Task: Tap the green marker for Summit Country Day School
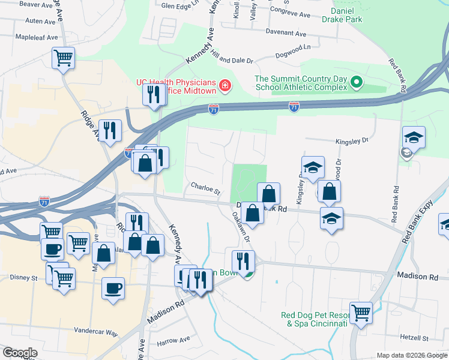(356, 82)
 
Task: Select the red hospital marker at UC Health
(225, 86)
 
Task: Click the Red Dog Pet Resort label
(314, 319)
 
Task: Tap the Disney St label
(23, 278)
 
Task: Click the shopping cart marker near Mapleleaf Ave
(63, 58)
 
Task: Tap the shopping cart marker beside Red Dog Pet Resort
(361, 311)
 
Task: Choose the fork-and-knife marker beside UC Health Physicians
(152, 94)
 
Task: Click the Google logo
(20, 353)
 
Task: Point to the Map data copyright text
(411, 355)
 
